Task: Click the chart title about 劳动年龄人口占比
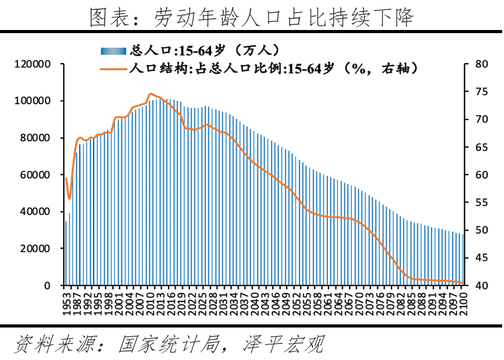(x=252, y=17)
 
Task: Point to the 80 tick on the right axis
(x=480, y=64)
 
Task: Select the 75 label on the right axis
(x=480, y=92)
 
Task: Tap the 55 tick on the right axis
(x=480, y=202)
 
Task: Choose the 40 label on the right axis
(x=480, y=286)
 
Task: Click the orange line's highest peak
(x=151, y=94)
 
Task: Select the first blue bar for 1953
(x=66, y=253)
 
